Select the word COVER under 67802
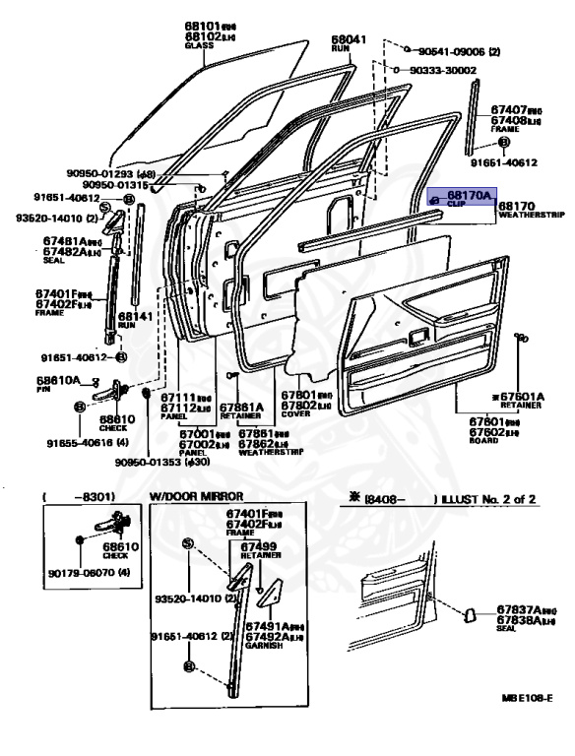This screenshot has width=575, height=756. click(296, 412)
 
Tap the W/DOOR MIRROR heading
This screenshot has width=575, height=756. click(198, 498)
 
